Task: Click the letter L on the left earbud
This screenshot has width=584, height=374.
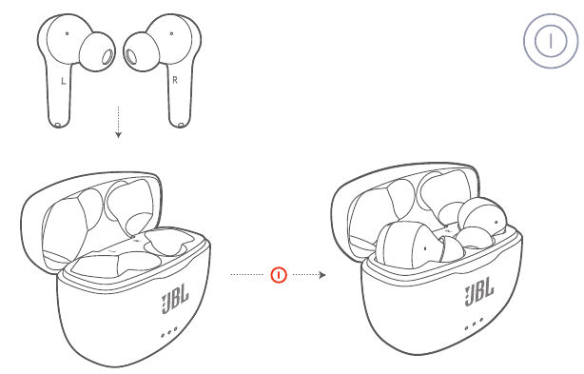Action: point(64,81)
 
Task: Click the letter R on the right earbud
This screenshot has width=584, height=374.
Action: point(175,80)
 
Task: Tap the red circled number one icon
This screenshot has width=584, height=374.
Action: point(279,275)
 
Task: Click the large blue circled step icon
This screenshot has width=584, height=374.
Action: point(551,41)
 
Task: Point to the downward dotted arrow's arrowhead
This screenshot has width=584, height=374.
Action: point(118,135)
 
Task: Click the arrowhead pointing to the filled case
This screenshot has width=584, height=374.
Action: point(322,275)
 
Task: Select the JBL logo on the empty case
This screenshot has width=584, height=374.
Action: point(175,298)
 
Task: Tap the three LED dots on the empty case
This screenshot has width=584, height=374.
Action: point(168,332)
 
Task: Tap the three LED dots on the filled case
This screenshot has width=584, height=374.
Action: point(474,324)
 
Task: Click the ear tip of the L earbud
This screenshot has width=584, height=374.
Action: point(97,51)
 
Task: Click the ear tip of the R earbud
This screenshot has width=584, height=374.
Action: point(141,51)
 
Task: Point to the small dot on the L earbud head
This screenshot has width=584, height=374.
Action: point(67,33)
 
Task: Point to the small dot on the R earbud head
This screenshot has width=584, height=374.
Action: point(171,33)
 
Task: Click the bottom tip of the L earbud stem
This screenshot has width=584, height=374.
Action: point(58,126)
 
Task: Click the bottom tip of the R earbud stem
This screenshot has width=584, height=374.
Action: point(181,126)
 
